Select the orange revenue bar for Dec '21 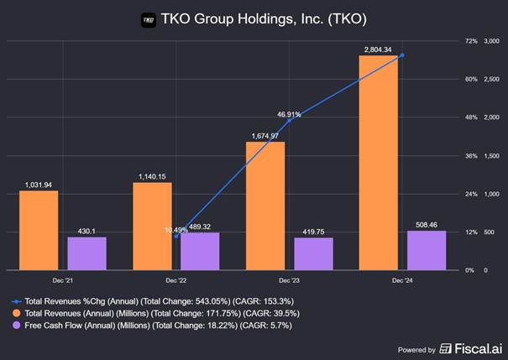[39, 230]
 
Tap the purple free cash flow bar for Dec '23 [313, 253]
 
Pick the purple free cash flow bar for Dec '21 [86, 253]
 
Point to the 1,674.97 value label [266, 136]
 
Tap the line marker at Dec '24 [402, 55]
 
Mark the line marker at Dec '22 [175, 237]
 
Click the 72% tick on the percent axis [471, 41]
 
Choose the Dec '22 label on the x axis [175, 280]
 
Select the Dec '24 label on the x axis [402, 280]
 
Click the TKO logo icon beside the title [149, 17]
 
